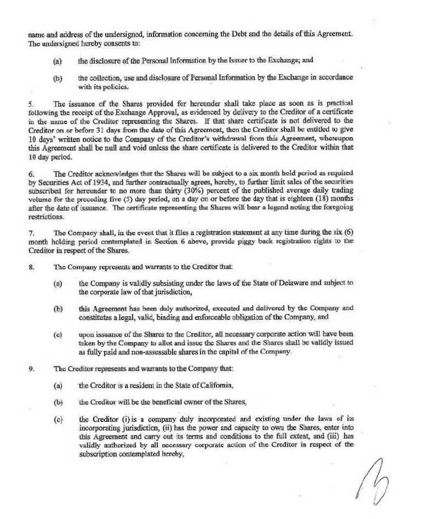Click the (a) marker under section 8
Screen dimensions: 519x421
(57, 283)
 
